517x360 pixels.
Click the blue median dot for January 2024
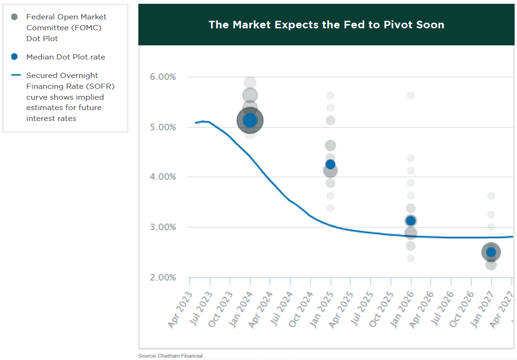tap(250, 120)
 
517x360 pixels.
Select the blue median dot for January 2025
tap(330, 164)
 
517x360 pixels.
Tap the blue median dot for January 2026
tap(411, 221)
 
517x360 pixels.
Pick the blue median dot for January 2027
tap(491, 252)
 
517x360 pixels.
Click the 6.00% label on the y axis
tap(162, 77)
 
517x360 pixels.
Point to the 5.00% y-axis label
tap(162, 127)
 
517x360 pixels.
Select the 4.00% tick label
tap(162, 177)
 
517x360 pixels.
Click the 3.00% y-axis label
tap(162, 227)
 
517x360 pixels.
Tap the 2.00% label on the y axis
tap(162, 277)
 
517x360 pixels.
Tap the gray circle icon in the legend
tap(14, 17)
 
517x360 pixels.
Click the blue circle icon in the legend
tap(14, 57)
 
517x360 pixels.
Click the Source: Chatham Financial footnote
tap(170, 356)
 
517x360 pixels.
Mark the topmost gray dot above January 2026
tap(411, 95)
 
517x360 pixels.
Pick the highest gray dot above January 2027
tap(491, 196)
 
